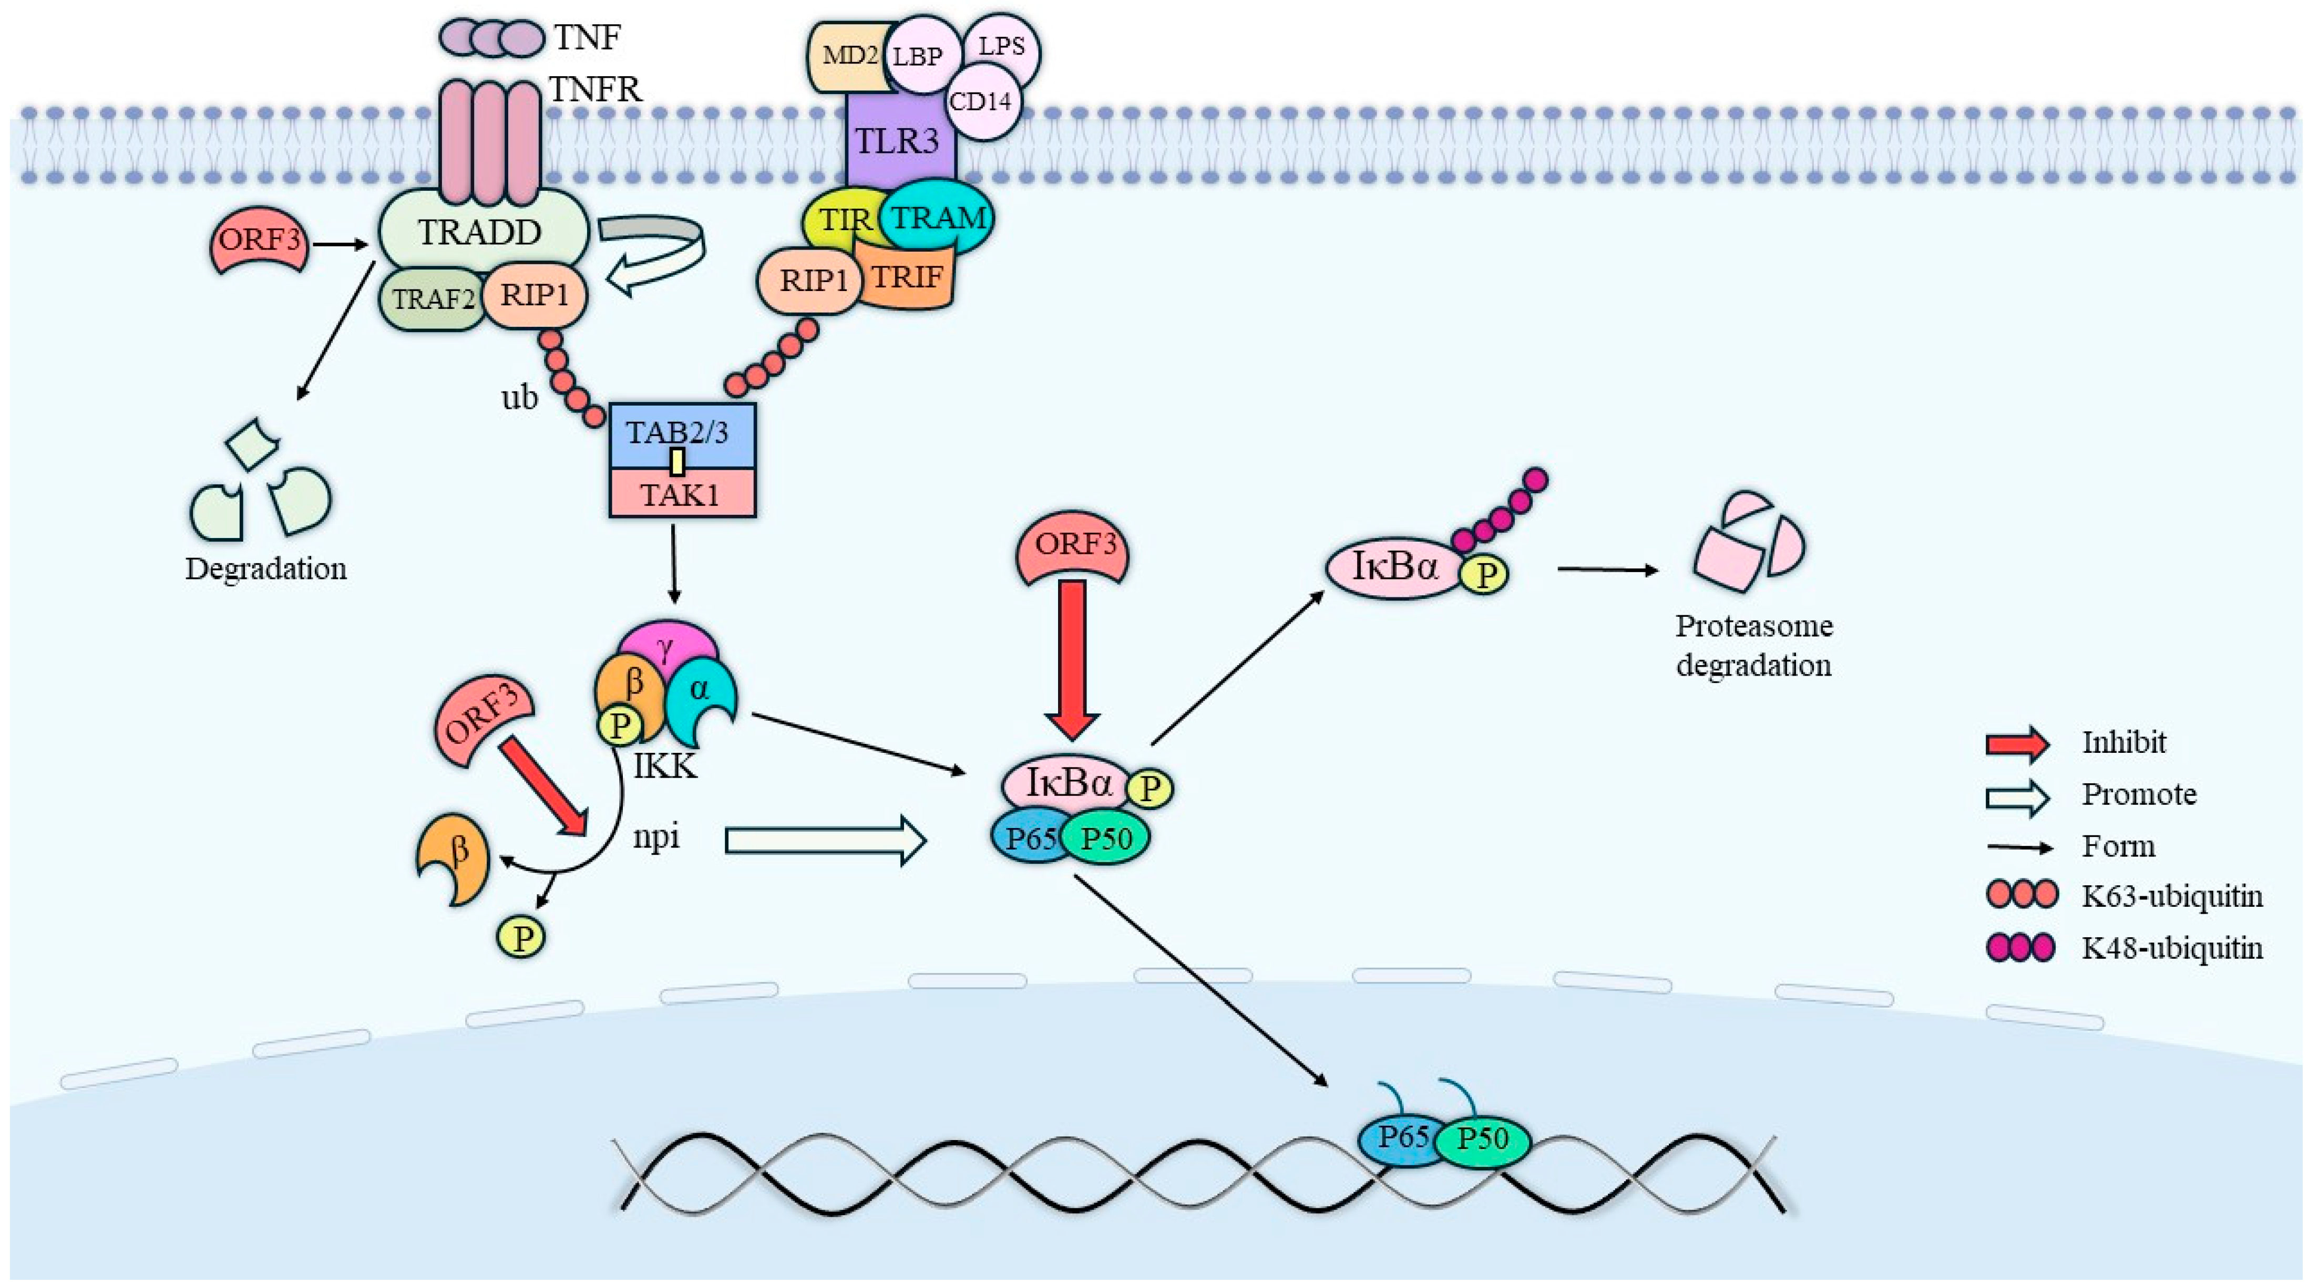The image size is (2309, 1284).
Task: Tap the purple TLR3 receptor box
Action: [896, 141]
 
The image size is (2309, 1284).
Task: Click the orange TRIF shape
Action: [908, 278]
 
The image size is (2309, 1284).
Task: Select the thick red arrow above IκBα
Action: [1073, 659]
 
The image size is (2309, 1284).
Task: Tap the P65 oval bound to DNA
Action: [1401, 1139]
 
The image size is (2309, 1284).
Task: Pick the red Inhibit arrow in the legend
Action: [2017, 743]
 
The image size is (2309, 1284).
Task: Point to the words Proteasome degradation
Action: [1754, 645]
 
